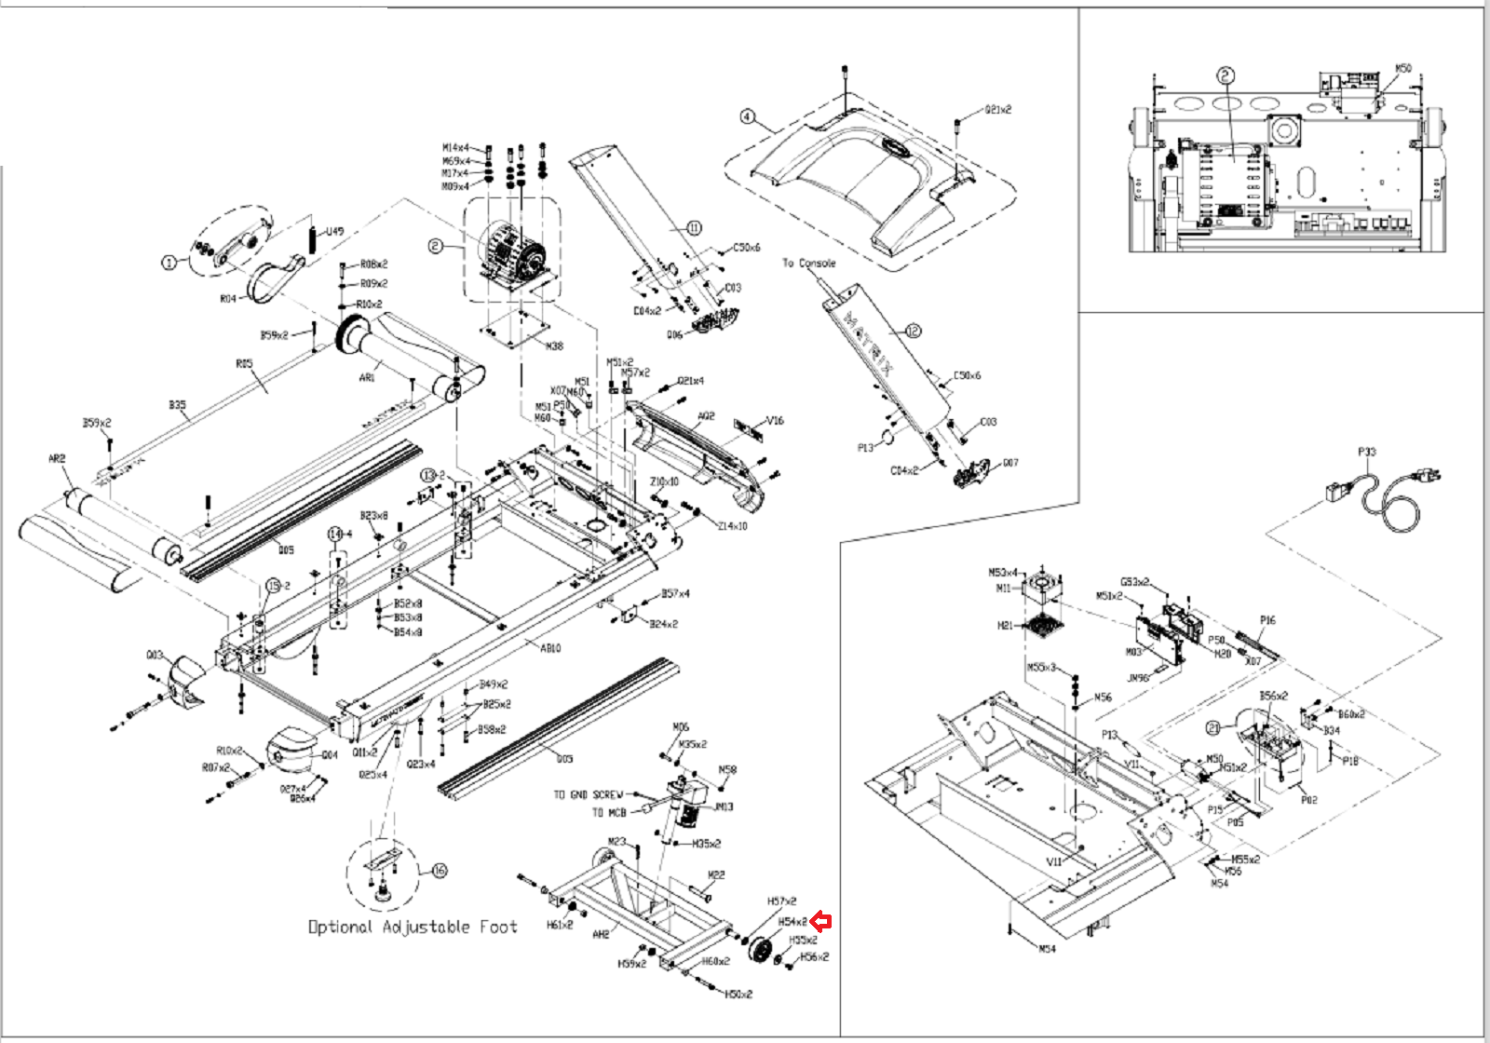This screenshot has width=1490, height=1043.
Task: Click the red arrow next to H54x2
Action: [x=820, y=922]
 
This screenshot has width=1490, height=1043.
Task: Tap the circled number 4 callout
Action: [x=747, y=117]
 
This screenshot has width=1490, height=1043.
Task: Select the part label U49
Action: [x=333, y=232]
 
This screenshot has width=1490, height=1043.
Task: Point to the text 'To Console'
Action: [x=808, y=264]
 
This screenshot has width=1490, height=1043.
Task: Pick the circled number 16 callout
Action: [x=440, y=871]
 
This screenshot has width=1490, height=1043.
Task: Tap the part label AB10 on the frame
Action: [x=550, y=648]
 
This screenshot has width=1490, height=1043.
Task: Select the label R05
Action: [x=244, y=363]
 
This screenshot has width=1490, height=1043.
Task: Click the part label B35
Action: [x=177, y=405]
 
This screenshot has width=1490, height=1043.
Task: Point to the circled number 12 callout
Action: [x=913, y=331]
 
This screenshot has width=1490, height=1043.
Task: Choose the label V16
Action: [x=775, y=421]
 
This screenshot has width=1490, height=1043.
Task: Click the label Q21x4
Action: [x=690, y=381]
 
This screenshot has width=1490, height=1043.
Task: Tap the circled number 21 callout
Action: [x=1213, y=728]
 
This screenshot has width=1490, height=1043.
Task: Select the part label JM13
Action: [x=724, y=806]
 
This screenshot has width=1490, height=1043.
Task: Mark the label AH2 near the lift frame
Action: [x=601, y=933]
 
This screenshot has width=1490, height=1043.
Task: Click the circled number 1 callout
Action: [x=169, y=263]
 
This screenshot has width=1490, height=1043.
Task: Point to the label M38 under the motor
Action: [x=554, y=345]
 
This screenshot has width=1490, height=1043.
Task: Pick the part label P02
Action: [x=1308, y=800]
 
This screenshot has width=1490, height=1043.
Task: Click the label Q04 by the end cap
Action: [x=329, y=755]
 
